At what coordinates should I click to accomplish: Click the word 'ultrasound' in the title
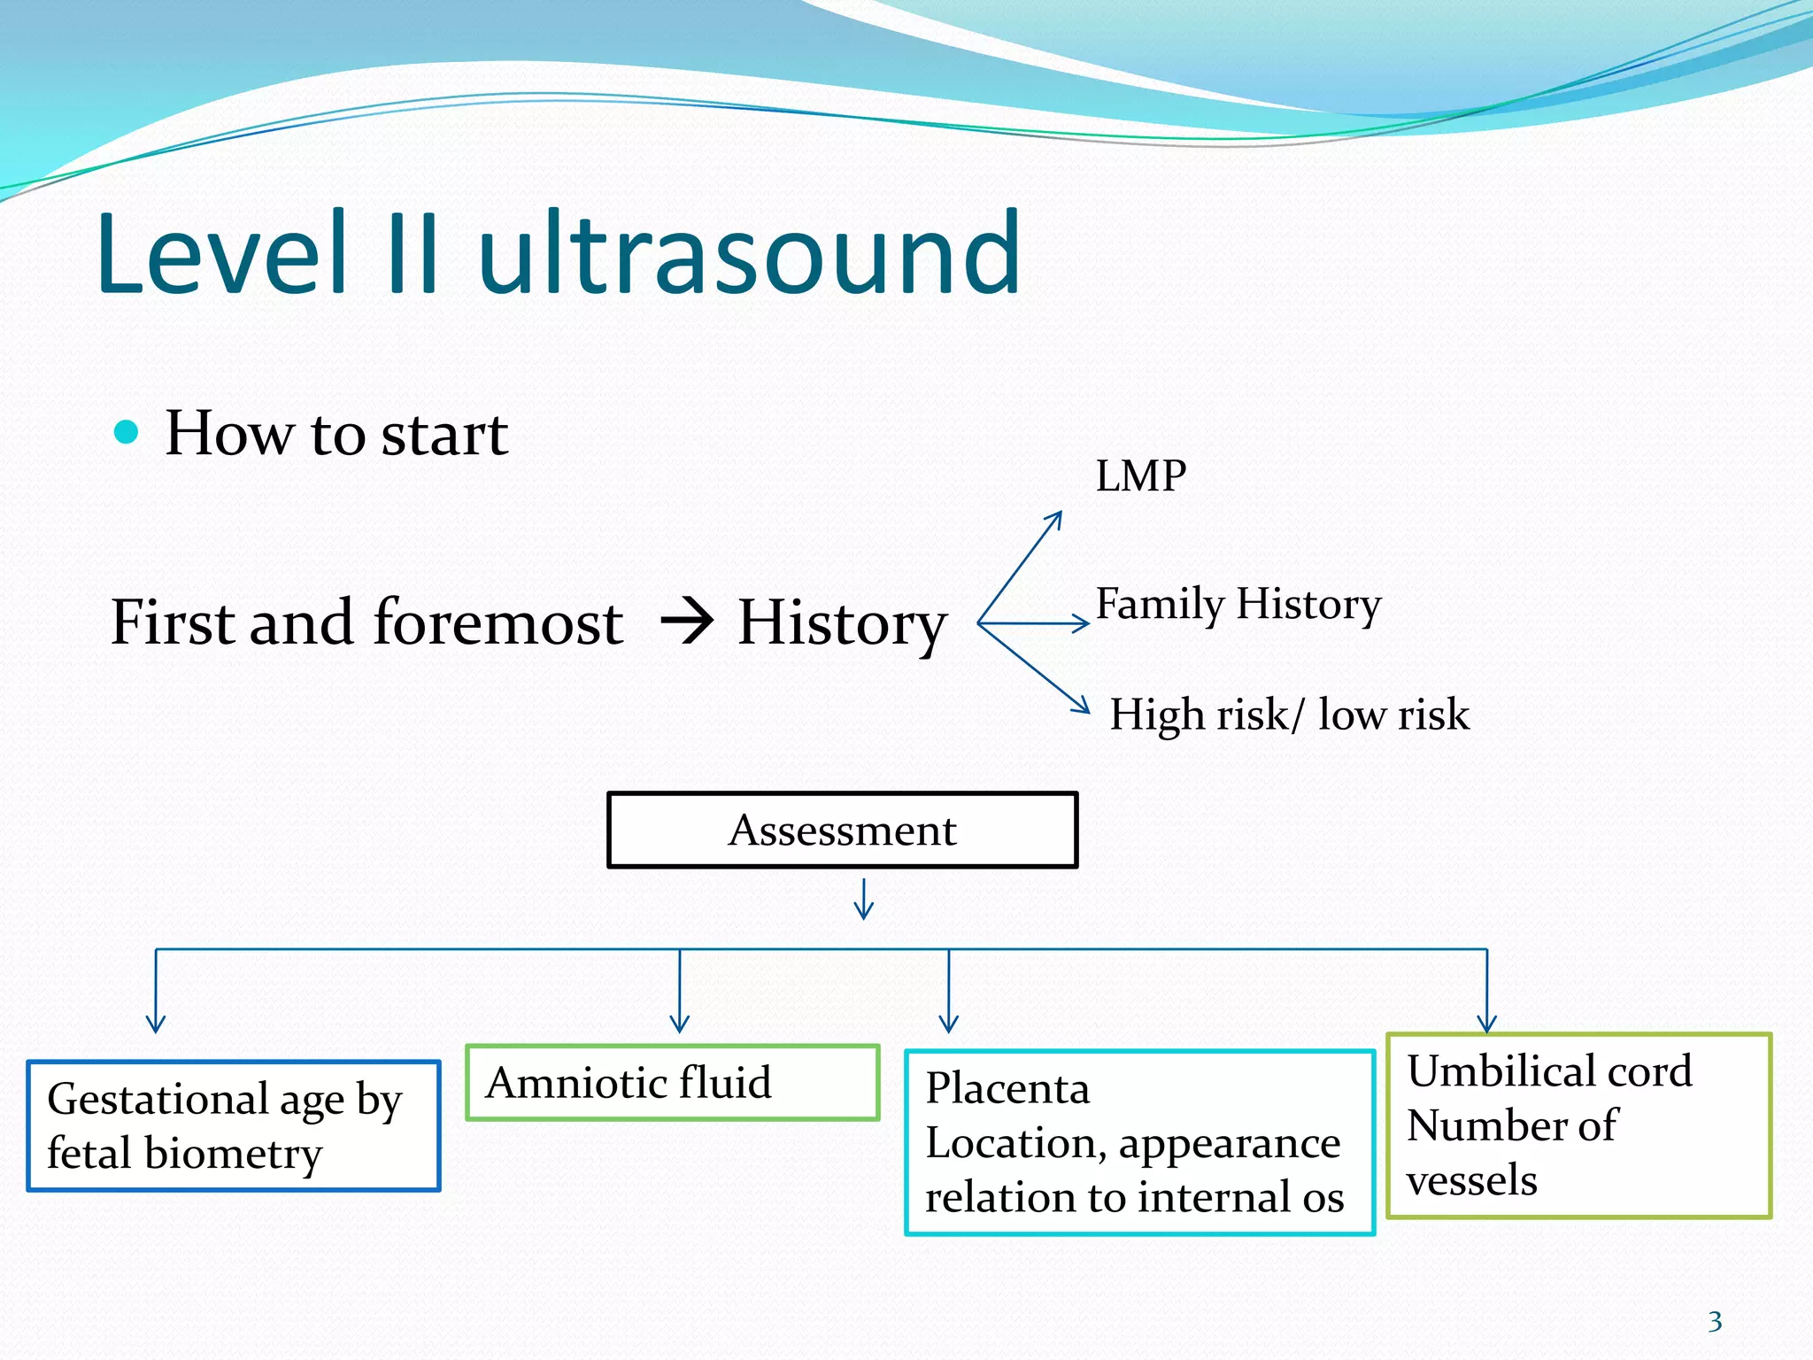(749, 254)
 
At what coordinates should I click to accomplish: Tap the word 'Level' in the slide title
(221, 254)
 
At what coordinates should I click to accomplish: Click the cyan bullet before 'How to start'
(127, 432)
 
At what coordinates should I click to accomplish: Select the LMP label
(1140, 476)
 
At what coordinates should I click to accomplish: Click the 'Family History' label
(1238, 605)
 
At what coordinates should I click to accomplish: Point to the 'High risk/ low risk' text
(1288, 715)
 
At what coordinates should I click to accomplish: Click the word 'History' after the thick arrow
(841, 623)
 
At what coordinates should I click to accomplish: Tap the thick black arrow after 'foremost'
(687, 621)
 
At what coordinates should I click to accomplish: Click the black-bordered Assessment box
(842, 830)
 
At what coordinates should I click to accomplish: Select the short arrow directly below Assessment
(864, 900)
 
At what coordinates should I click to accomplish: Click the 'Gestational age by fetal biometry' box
(234, 1125)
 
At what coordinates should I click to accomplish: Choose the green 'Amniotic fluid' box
(672, 1082)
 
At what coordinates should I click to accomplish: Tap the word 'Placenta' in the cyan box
(1007, 1088)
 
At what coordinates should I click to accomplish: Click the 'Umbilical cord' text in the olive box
(1549, 1070)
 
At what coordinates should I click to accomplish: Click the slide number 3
(1715, 1322)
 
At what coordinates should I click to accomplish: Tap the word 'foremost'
(498, 622)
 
